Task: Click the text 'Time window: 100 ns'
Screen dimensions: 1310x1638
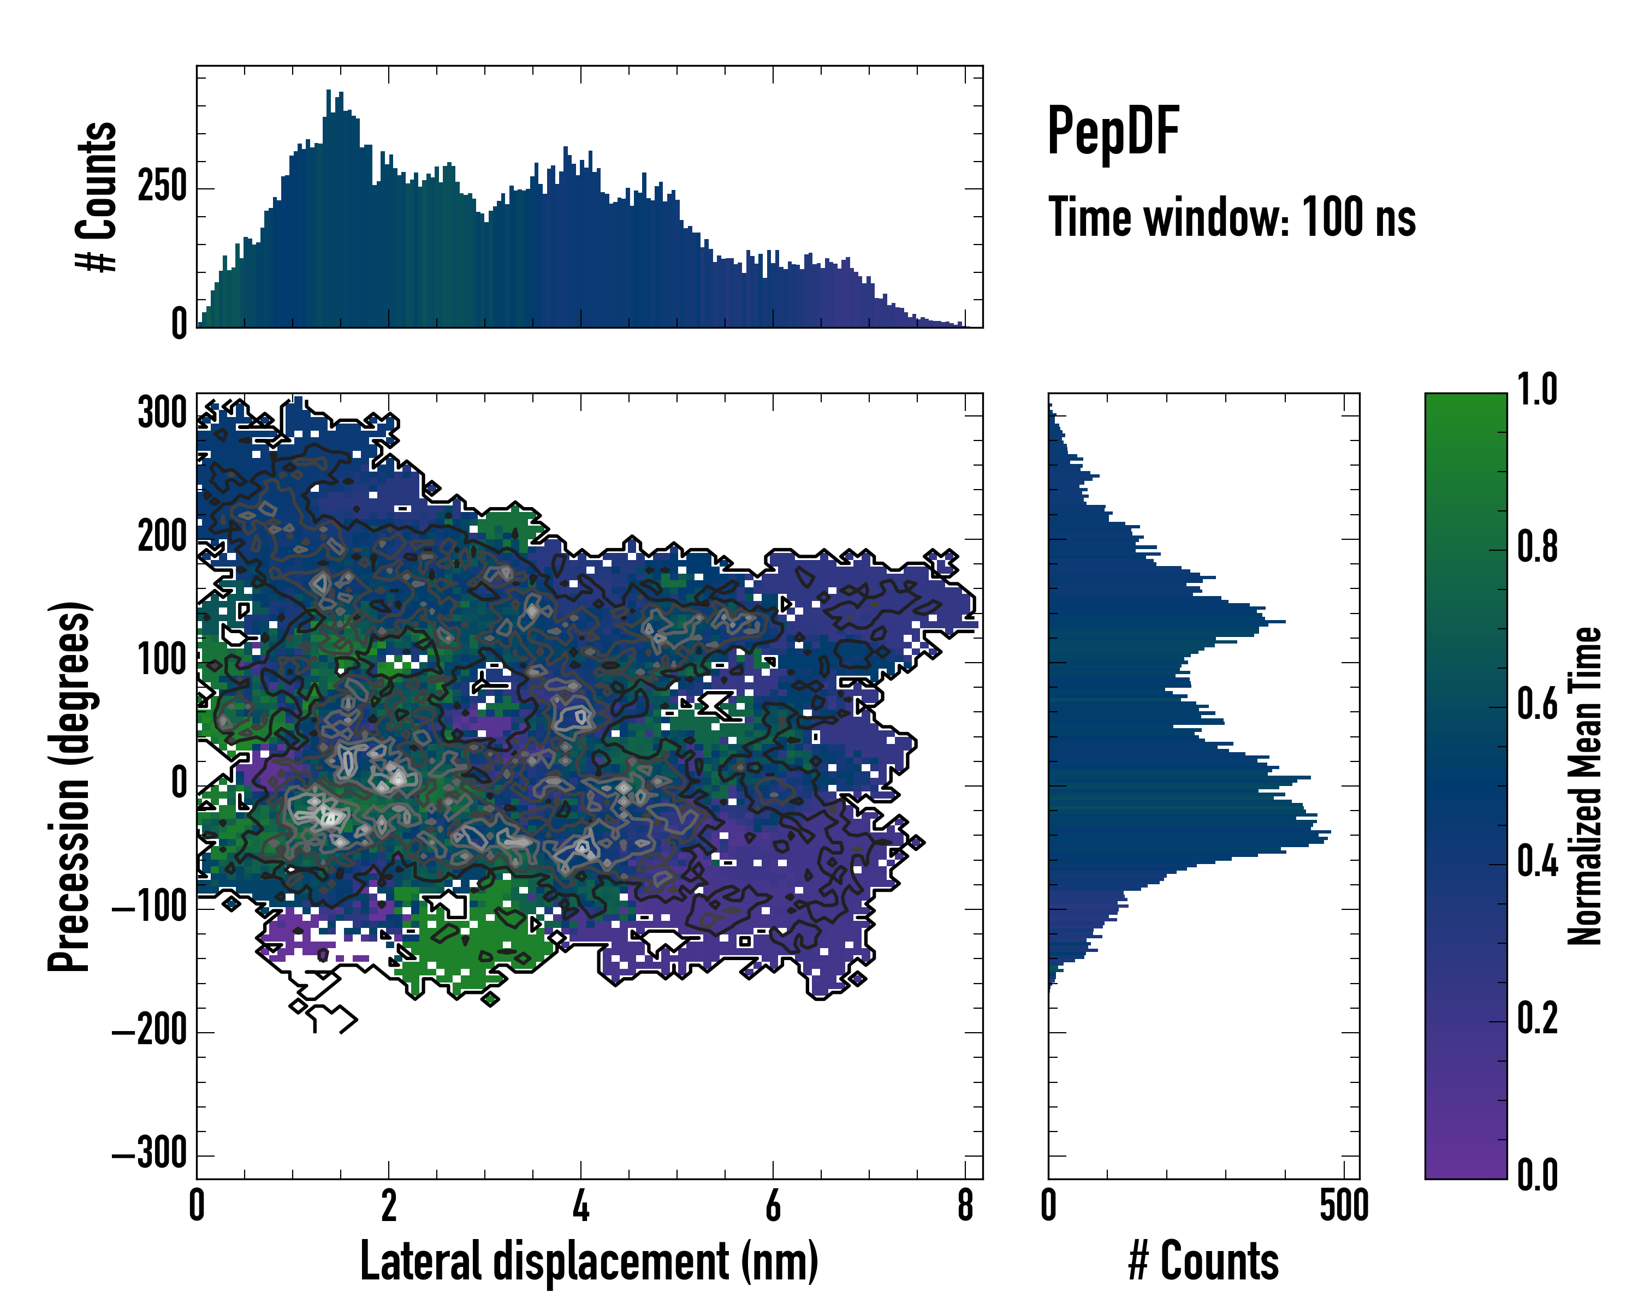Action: pyautogui.click(x=1232, y=218)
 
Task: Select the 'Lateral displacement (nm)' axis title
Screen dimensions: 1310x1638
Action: pyautogui.click(x=589, y=1261)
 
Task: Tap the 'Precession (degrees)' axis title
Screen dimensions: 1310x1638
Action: pyautogui.click(x=70, y=786)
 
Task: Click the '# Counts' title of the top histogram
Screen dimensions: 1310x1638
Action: pyautogui.click(x=97, y=196)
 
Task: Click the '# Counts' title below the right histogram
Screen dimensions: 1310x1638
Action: pyautogui.click(x=1203, y=1261)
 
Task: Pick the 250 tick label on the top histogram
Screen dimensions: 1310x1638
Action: pyautogui.click(x=162, y=188)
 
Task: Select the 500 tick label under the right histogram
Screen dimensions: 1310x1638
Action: pyautogui.click(x=1344, y=1206)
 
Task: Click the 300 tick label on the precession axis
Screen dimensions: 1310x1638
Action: pyautogui.click(x=162, y=415)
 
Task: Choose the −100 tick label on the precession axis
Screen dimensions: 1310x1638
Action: pyautogui.click(x=150, y=908)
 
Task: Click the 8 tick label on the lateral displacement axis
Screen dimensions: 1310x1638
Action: pyautogui.click(x=965, y=1206)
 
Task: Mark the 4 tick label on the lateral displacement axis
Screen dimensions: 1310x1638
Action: pyautogui.click(x=581, y=1206)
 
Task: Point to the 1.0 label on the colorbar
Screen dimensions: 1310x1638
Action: pyautogui.click(x=1537, y=390)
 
